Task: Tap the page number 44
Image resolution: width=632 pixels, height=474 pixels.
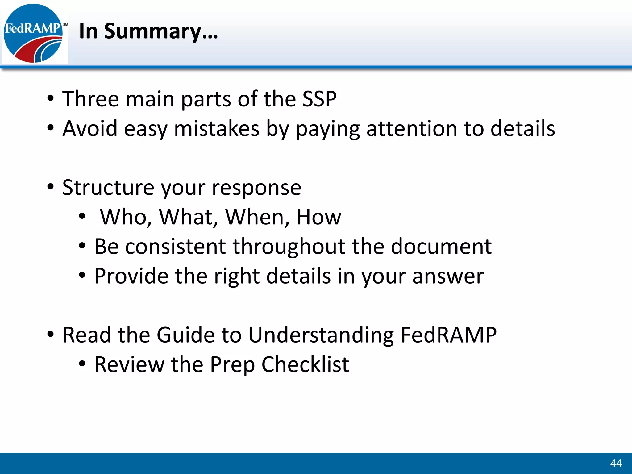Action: [616, 463]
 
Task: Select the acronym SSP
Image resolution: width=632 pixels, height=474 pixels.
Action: [319, 99]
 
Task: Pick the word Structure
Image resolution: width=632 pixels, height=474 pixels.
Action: [108, 188]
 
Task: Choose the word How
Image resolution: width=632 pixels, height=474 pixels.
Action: [319, 217]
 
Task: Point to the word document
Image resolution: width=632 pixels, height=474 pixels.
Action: [441, 247]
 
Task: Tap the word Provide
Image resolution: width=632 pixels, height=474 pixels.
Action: [131, 276]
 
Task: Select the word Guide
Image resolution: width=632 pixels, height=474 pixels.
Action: [185, 335]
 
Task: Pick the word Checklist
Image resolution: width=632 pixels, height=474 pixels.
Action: [305, 365]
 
